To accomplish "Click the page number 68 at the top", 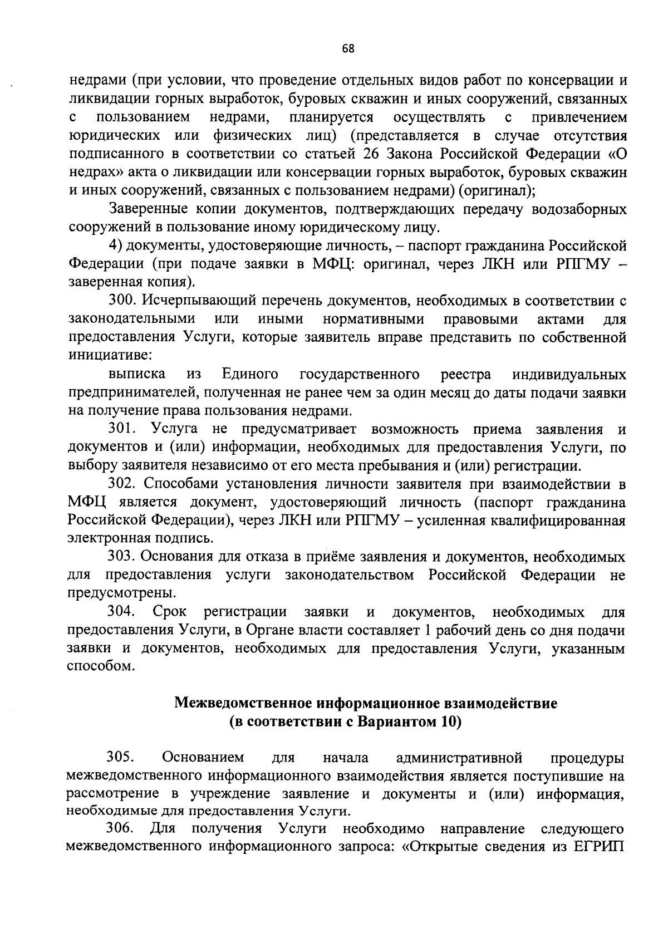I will tap(348, 48).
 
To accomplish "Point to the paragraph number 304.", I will tap(122, 612).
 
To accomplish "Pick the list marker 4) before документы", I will tap(115, 246).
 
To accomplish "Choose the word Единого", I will tap(250, 374).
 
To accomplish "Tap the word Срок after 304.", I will tap(165, 612).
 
